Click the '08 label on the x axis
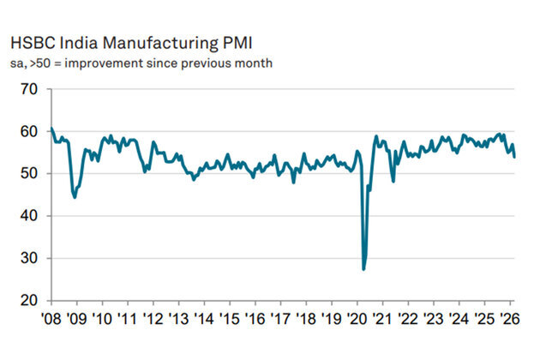pos(51,319)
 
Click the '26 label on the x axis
pos(513,319)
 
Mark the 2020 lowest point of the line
pos(363,269)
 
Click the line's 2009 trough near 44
pos(75,197)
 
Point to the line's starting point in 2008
pos(51,129)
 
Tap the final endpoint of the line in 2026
pos(514,157)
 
